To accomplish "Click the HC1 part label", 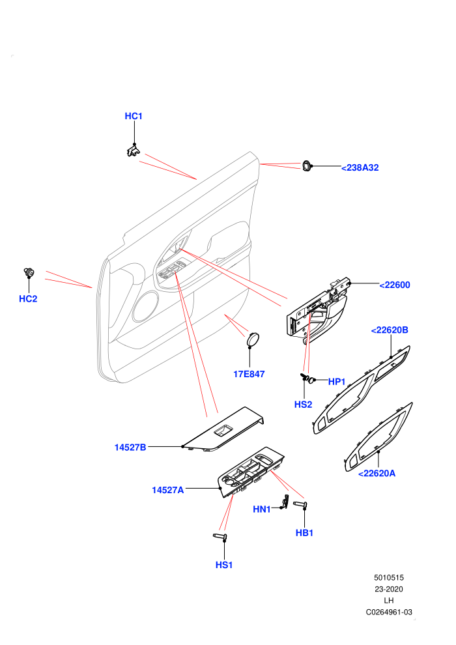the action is point(134,117).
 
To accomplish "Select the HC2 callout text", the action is point(28,299).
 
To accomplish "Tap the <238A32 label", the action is point(360,168).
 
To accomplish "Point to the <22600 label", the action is point(395,285).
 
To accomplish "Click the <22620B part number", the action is point(390,330).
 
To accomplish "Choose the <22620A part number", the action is point(377,474).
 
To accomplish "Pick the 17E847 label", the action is point(249,375).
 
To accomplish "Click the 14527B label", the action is point(130,448).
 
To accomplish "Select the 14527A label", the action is point(168,491).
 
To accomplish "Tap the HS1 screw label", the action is point(224,566).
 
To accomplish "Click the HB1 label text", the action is point(305,533).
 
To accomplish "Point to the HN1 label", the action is point(262,509).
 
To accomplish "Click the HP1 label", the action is point(337,382).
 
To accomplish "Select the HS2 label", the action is point(304,405).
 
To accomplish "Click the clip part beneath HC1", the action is point(133,150).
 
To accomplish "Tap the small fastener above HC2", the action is point(29,272).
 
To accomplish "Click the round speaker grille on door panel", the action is point(145,306).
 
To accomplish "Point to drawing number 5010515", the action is point(389,578).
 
